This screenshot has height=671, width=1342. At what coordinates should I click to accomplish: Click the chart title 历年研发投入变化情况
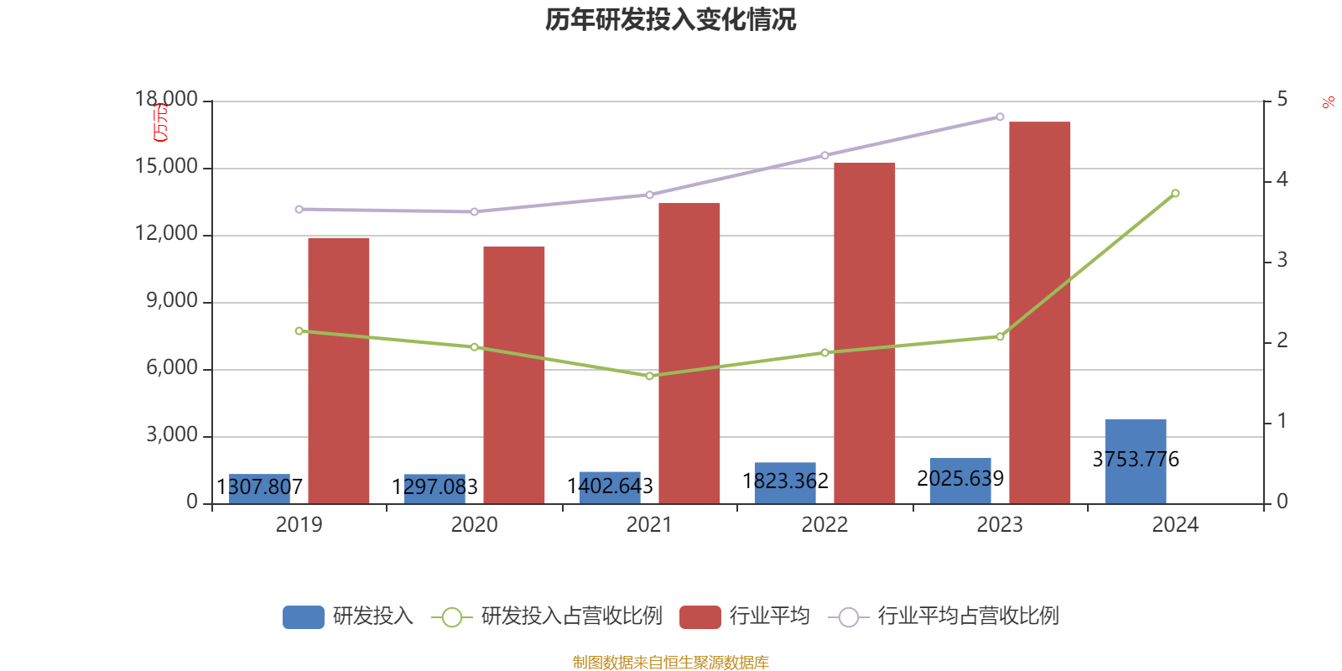pos(670,19)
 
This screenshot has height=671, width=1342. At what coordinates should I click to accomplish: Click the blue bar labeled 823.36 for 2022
pos(784,482)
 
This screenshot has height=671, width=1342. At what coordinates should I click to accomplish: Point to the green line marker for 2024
pos(1175,194)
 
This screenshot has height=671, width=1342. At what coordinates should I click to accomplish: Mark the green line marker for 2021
pos(649,376)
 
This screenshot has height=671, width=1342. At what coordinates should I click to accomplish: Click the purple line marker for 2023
pos(1000,117)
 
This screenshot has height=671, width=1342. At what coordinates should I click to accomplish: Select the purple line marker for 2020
pos(474,212)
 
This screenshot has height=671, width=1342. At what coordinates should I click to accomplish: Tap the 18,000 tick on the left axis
pos(166,100)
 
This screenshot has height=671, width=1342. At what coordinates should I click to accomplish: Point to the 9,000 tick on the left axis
pos(172,301)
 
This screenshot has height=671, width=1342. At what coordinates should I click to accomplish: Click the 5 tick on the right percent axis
pos(1282,100)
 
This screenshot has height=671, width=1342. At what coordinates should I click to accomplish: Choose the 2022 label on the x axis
pos(824,525)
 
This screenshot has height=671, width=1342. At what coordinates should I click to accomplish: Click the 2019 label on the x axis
pos(299,525)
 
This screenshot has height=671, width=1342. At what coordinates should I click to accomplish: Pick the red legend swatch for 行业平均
pos(700,617)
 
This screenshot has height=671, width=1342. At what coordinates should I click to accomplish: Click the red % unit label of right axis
pos(1328,103)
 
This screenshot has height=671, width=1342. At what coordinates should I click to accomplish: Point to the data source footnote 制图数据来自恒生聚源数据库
pos(670,663)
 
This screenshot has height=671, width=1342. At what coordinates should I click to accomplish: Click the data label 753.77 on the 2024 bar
pos(1136,460)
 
